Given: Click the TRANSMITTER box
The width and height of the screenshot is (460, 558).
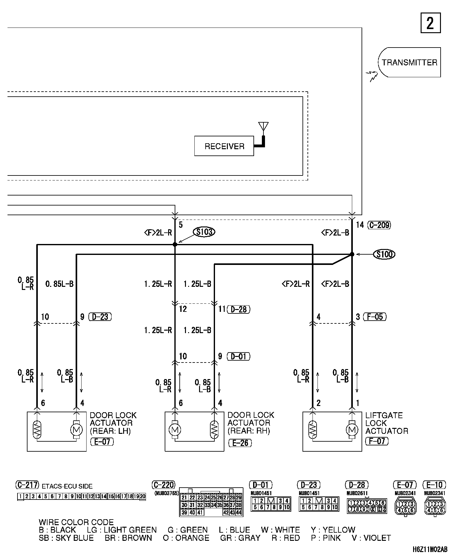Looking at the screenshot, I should coord(409,62).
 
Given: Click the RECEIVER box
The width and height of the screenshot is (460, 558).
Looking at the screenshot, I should coord(224,146).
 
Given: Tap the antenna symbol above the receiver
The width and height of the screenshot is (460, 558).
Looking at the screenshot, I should coord(263,127).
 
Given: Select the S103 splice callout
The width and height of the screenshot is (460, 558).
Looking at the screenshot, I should coord(204,232).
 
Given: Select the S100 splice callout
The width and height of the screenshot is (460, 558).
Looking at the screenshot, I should coord(384,254).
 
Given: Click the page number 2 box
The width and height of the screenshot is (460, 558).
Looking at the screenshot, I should coord(430,23).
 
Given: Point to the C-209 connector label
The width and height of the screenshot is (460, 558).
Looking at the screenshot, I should coord(379,225).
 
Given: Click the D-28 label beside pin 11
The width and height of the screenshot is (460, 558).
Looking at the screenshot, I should coord(239,309).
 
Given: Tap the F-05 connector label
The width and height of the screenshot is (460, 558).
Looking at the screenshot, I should coord(376,317).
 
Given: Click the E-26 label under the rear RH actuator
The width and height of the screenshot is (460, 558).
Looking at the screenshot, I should coord(240,443).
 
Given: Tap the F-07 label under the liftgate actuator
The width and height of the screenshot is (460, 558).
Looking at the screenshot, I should coord(377,441).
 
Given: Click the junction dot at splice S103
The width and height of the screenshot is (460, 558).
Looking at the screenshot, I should coord(175,244).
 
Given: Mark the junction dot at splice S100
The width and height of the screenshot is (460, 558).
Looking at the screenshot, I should coord(352,254).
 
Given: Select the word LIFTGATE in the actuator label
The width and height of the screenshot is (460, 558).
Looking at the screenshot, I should coord(384,415).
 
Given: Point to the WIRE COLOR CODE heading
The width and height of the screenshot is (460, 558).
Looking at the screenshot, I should coord(76,522).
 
